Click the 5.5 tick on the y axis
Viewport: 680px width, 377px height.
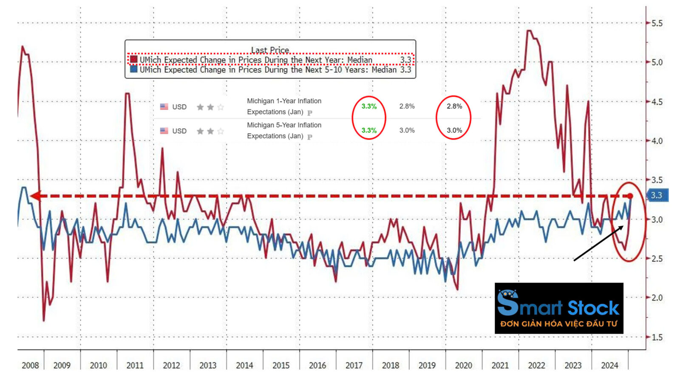[x=657, y=23]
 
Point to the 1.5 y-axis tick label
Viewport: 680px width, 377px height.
[x=657, y=337]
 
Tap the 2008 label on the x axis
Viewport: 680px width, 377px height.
[x=30, y=366]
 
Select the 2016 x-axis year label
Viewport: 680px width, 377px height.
[x=317, y=366]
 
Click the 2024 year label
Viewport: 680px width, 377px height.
[x=609, y=366]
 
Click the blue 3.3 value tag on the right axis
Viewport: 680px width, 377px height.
[x=657, y=195]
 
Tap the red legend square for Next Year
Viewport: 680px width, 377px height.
[x=134, y=60]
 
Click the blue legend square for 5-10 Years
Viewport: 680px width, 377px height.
[x=134, y=69]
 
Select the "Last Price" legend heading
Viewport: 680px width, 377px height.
[x=270, y=50]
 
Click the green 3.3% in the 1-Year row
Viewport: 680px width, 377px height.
[x=369, y=106]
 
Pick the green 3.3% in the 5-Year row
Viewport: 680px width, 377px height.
[x=369, y=131]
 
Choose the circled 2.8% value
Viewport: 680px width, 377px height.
[x=454, y=106]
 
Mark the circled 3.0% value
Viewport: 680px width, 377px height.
[x=454, y=131]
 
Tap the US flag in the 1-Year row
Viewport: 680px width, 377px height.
[x=164, y=107]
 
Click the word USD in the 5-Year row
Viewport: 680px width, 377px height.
[x=179, y=131]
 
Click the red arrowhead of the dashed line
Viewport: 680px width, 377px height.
[x=36, y=196]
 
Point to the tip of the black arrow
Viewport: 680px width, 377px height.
[x=623, y=227]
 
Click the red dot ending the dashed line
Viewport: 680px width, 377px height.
[x=630, y=196]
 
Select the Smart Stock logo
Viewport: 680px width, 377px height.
[x=559, y=308]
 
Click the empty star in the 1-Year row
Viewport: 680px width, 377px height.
[x=221, y=107]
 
